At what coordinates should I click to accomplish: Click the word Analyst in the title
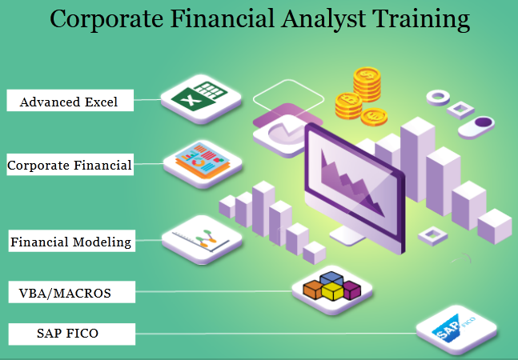click(x=323, y=19)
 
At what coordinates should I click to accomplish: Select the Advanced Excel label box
click(x=70, y=100)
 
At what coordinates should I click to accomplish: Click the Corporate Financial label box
click(x=70, y=164)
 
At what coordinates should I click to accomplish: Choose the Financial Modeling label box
click(x=72, y=241)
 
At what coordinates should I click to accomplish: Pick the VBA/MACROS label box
click(x=72, y=292)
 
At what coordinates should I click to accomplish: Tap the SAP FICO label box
click(x=72, y=334)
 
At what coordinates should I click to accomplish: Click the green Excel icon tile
click(x=201, y=99)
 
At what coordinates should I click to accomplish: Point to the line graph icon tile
click(x=202, y=240)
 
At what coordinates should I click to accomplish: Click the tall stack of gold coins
click(x=367, y=85)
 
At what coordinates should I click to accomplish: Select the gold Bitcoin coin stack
click(x=348, y=106)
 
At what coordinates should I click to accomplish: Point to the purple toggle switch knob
click(x=484, y=122)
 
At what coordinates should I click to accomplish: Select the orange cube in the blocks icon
click(x=312, y=290)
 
